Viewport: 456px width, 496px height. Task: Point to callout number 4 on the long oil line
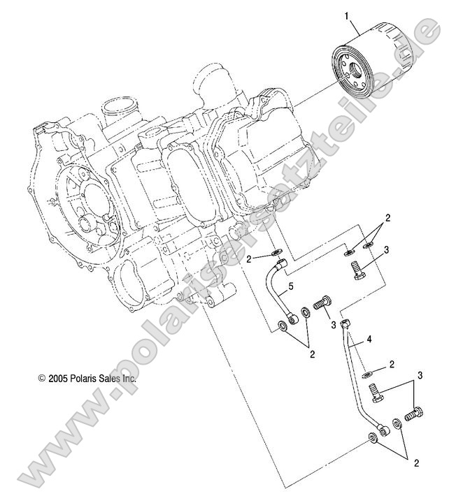tap(369, 341)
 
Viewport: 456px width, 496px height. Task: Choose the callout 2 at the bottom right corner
tap(416, 462)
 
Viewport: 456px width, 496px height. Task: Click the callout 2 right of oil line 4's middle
tap(392, 364)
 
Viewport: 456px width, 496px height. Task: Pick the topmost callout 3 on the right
tap(386, 250)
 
